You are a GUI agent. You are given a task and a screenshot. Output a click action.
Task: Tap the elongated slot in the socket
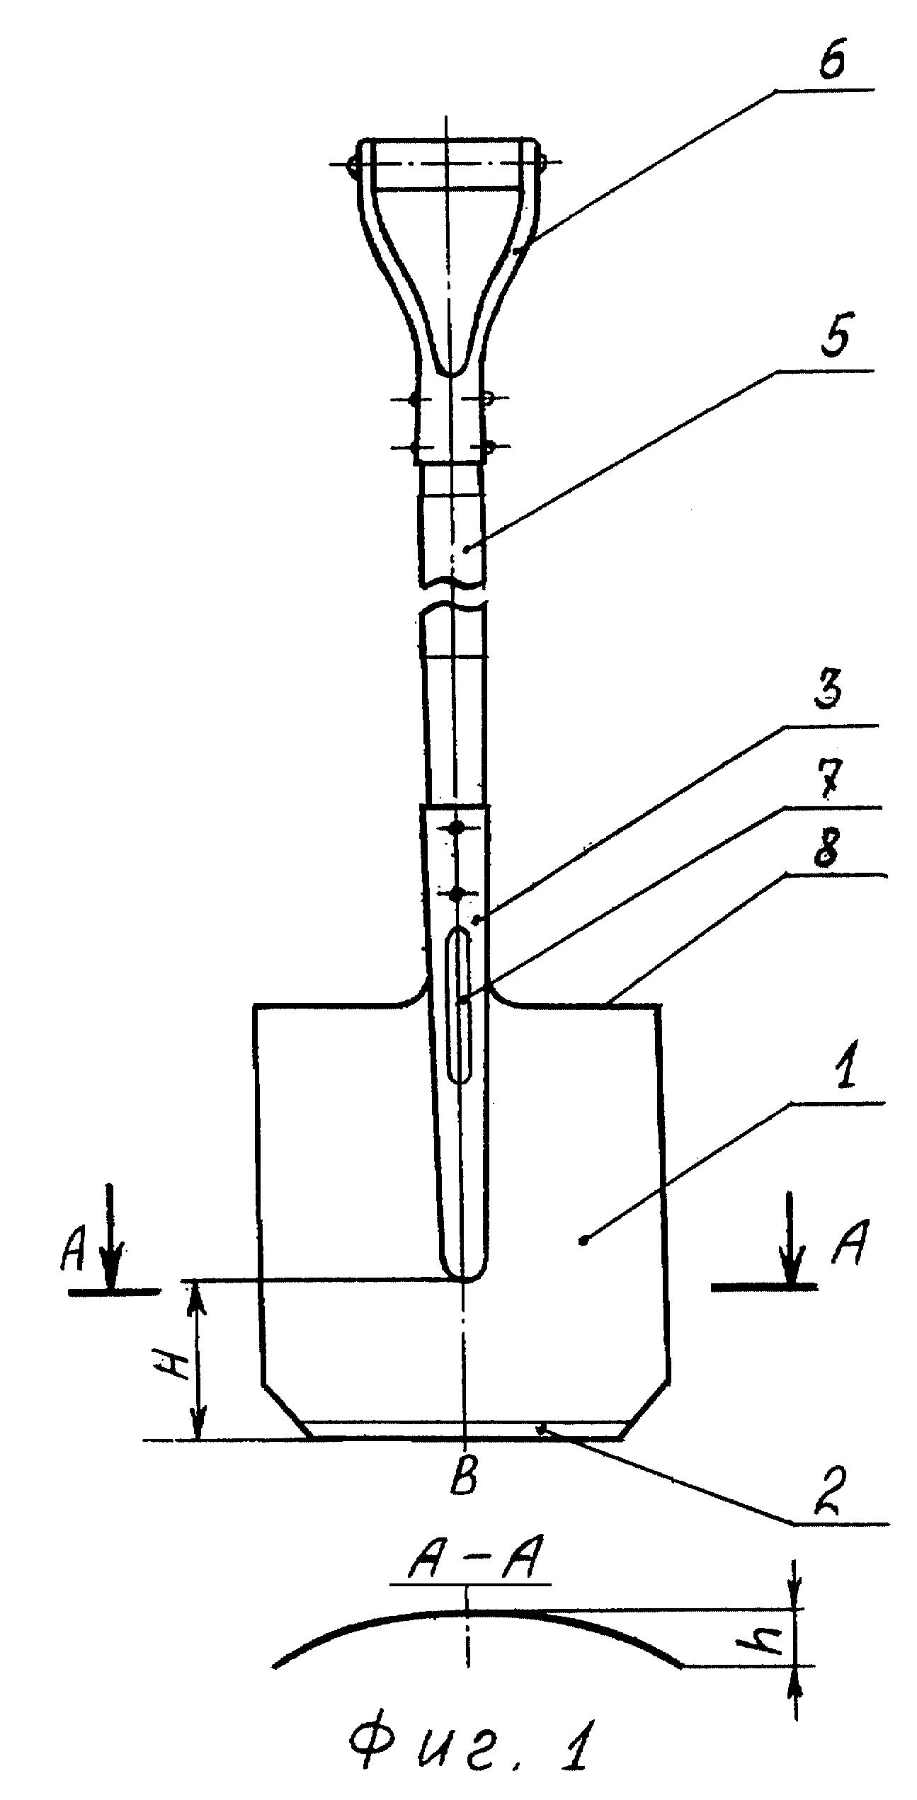(x=460, y=1006)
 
